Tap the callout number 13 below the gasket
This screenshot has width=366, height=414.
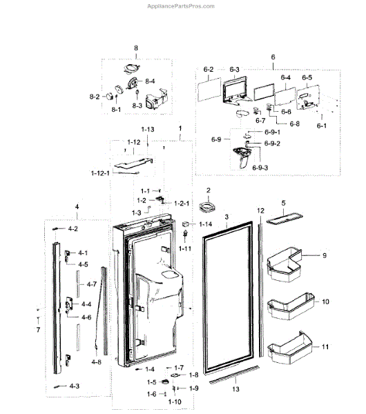237,389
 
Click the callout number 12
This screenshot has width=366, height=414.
260,210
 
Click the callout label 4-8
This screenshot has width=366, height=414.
96,361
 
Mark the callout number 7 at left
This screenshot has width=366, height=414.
39,331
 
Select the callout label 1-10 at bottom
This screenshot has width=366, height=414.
174,401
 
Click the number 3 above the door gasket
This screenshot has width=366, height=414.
226,217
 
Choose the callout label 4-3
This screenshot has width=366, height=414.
73,386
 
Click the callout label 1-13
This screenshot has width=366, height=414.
148,130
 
